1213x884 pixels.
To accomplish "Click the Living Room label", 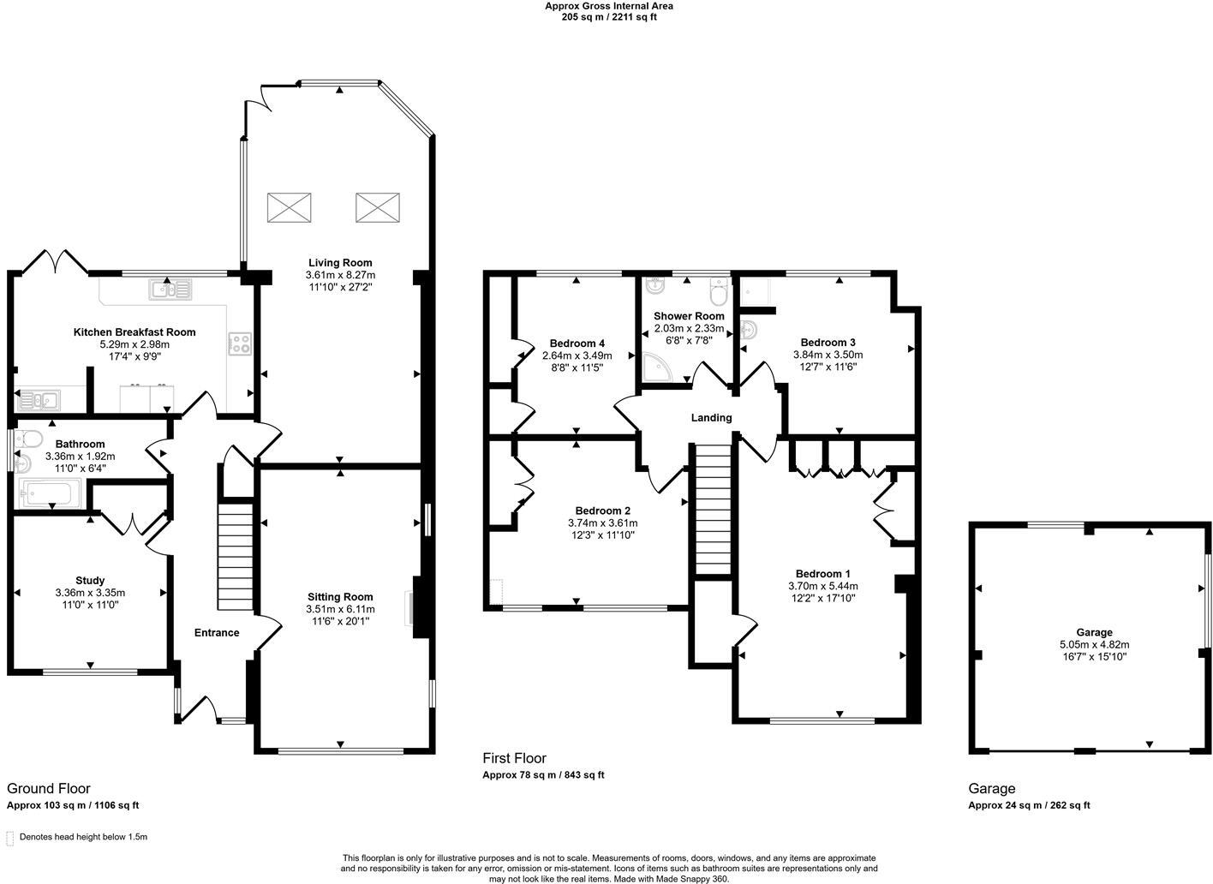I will click(340, 262).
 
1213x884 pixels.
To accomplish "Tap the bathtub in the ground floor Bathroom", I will click(50, 493).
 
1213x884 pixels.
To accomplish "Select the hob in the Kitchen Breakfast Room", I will click(239, 343).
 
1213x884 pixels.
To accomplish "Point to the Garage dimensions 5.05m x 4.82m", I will click(1094, 645).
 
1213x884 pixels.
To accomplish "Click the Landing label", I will click(711, 418).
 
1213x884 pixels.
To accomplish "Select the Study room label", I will click(90, 581).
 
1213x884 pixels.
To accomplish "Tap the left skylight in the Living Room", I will click(290, 207).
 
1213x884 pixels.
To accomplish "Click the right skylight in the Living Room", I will click(378, 207).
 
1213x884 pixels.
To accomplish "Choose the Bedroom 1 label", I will click(822, 574).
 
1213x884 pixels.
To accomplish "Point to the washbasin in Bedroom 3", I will click(750, 330).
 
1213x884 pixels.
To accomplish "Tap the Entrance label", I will click(217, 633).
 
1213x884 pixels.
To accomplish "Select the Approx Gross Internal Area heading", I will click(609, 6).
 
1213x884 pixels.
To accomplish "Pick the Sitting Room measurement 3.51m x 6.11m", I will click(340, 609).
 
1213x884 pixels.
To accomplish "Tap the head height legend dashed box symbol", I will click(9, 837).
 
